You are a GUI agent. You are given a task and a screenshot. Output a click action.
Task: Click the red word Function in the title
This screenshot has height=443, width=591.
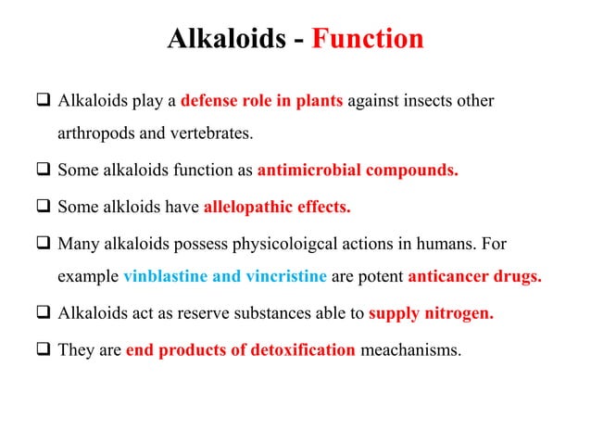[367, 40]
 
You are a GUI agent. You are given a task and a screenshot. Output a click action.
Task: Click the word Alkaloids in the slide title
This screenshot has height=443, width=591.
[222, 40]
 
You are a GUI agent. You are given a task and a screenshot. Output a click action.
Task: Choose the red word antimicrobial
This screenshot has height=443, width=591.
[305, 171]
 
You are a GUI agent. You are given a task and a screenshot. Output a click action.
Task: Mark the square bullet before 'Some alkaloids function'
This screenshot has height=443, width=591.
[44, 171]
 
